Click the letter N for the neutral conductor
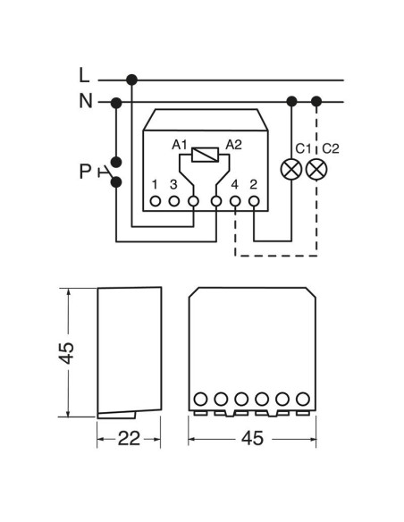[86, 100]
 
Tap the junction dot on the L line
[131, 80]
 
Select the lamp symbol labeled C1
[291, 170]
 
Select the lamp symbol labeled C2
[316, 170]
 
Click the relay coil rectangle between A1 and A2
[205, 155]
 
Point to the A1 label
[180, 145]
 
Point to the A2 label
[233, 145]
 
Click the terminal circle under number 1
[156, 201]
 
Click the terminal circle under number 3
[174, 201]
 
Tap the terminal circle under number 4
[235, 201]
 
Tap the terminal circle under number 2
[254, 201]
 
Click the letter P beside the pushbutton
[85, 172]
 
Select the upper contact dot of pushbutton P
[116, 162]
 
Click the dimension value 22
[129, 439]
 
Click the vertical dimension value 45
[66, 352]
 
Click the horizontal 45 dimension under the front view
[252, 438]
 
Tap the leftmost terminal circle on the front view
[200, 399]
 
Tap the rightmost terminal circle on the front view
[303, 399]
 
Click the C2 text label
[331, 148]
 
